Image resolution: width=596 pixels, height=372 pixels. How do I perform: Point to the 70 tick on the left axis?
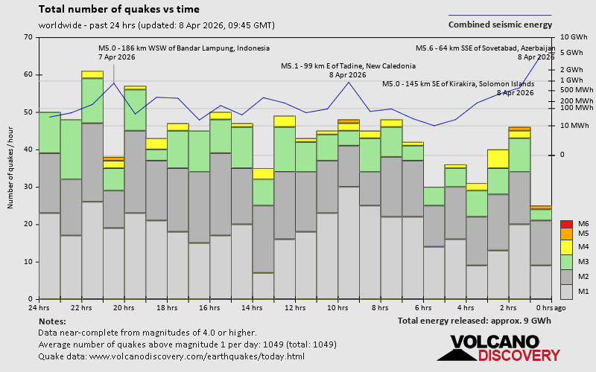[28, 37]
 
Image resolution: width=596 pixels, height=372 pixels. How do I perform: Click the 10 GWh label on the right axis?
[574, 37]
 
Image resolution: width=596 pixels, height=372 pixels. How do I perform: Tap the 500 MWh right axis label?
[575, 90]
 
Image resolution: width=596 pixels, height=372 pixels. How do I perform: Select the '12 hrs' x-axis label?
[294, 307]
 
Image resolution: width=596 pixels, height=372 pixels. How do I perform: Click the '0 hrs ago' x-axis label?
[551, 307]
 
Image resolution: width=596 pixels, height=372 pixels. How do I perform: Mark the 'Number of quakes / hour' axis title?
[11, 168]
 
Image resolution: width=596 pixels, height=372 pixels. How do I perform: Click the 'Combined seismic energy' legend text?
[500, 25]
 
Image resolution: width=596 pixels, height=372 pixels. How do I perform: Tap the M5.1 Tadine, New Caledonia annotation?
[346, 70]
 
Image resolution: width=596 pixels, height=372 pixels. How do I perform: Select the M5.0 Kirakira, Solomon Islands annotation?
[457, 88]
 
